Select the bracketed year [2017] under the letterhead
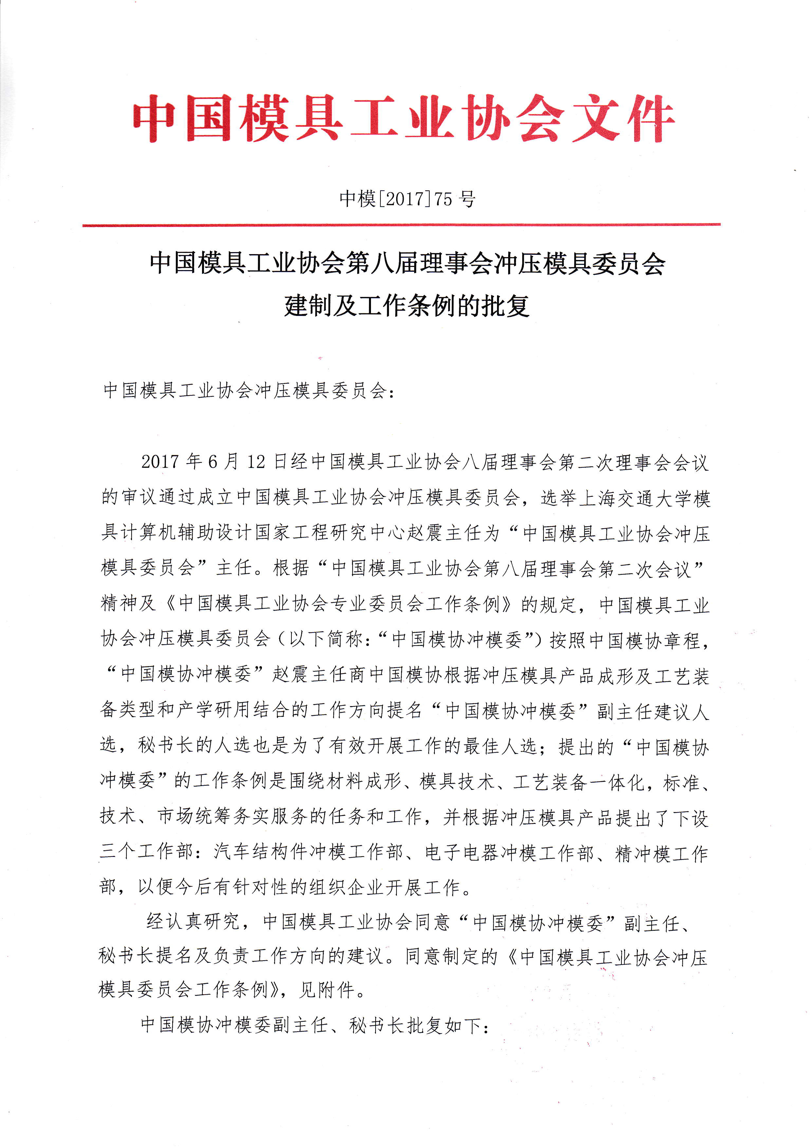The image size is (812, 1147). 405,199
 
